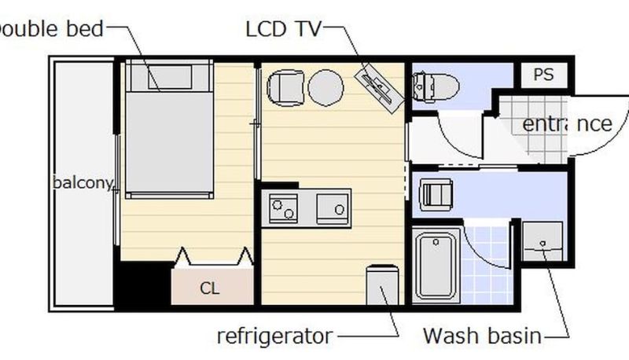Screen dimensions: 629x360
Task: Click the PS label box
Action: [x=544, y=75]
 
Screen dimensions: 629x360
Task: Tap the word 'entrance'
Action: [x=567, y=124]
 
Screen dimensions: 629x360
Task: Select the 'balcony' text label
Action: [x=83, y=183]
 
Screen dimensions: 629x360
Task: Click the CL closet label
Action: [x=209, y=288]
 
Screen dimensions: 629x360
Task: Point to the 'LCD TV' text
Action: [x=284, y=29]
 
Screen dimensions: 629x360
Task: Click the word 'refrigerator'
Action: [x=274, y=336]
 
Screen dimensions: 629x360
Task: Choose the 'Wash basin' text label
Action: [x=482, y=336]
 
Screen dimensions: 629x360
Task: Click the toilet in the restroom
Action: [x=436, y=86]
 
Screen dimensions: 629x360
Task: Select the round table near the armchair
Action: [x=326, y=88]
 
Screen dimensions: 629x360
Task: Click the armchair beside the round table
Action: [x=285, y=88]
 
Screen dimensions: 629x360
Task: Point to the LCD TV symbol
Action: [x=379, y=87]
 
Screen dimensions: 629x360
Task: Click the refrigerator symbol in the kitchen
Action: [x=382, y=285]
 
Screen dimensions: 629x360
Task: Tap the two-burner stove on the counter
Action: [x=283, y=208]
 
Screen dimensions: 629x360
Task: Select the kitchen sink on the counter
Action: [x=333, y=208]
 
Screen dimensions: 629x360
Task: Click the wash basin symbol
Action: [x=543, y=241]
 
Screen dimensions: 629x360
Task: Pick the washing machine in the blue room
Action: [x=436, y=195]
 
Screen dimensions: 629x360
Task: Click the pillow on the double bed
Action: [x=170, y=77]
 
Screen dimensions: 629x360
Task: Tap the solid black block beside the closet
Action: [x=144, y=285]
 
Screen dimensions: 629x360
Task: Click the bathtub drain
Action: [x=436, y=242]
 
